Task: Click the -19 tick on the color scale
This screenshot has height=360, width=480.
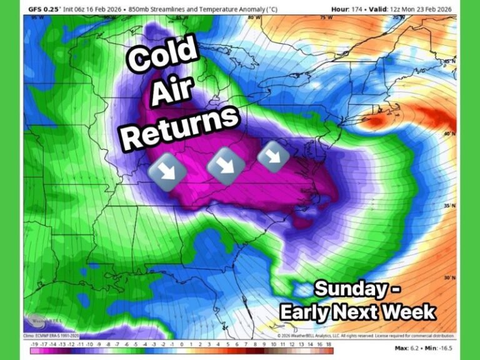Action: tap(34, 345)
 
